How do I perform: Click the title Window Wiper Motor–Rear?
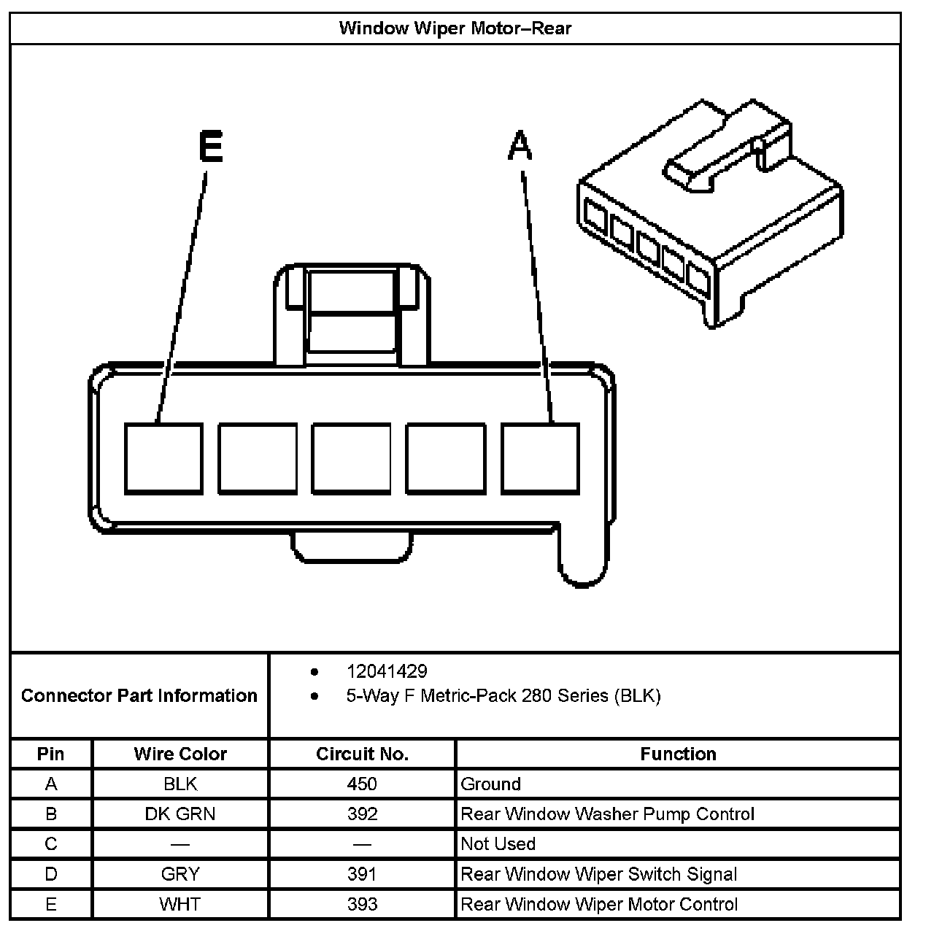(455, 29)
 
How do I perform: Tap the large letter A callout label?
(520, 145)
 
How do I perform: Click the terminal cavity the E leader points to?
(163, 458)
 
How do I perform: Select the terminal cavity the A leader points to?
(540, 458)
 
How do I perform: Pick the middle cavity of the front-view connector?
(352, 458)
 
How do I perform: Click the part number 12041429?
(387, 671)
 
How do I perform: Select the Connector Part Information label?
(139, 695)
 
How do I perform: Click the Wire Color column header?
(180, 754)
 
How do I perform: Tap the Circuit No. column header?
(362, 754)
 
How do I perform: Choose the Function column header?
(678, 754)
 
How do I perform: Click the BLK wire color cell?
(180, 784)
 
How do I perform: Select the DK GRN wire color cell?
(180, 814)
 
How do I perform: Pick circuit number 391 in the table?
(362, 874)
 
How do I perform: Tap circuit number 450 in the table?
(362, 784)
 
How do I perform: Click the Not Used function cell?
(498, 844)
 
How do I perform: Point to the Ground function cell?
(491, 784)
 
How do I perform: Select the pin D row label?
(51, 874)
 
